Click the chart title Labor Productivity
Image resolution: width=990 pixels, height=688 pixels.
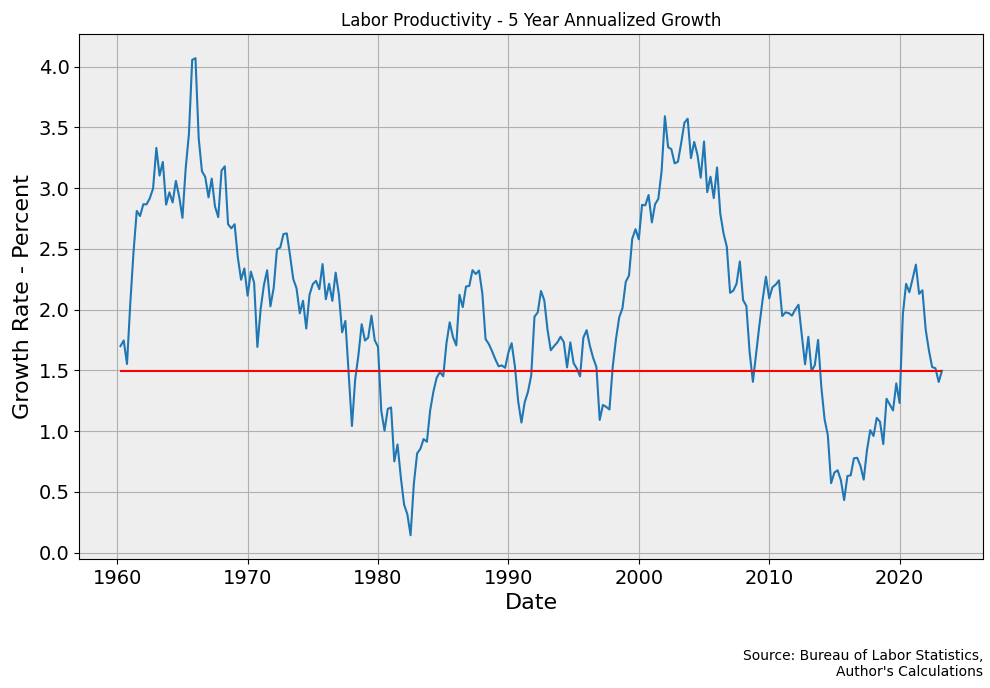pyautogui.click(x=530, y=20)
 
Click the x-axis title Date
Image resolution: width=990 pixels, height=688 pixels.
pyautogui.click(x=530, y=602)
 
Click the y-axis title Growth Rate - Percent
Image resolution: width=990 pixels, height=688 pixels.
pyautogui.click(x=21, y=297)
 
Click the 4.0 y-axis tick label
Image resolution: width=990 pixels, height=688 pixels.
pyautogui.click(x=54, y=67)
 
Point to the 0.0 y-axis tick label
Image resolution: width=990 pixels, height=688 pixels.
pyautogui.click(x=54, y=553)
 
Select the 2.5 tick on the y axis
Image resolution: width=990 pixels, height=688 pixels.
pyautogui.click(x=54, y=249)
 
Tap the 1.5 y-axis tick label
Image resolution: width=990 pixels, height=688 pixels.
pyautogui.click(x=54, y=371)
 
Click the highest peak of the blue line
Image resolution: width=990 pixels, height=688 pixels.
pyautogui.click(x=195, y=58)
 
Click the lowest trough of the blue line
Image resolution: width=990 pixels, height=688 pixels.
pyautogui.click(x=410, y=535)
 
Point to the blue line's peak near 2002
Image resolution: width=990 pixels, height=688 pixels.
pyautogui.click(x=664, y=116)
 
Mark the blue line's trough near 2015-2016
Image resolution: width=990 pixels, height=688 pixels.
pyautogui.click(x=844, y=500)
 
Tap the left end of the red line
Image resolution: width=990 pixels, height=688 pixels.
pyautogui.click(x=120, y=371)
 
